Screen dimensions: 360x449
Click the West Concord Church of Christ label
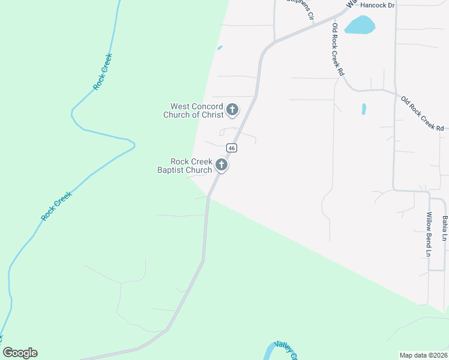[x=193, y=110]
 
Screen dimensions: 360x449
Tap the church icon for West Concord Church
[x=232, y=110]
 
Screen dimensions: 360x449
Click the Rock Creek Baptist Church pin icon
[x=221, y=165]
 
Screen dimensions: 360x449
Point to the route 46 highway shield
[x=231, y=148]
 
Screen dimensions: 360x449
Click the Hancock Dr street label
[x=379, y=5]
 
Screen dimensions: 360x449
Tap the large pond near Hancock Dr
[x=360, y=25]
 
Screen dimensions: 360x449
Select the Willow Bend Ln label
[x=429, y=235]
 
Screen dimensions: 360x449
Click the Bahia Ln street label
[x=445, y=229]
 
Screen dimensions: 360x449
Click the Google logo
[x=20, y=353]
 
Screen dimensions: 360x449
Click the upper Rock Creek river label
[x=103, y=72]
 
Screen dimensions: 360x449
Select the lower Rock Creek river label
[x=56, y=205]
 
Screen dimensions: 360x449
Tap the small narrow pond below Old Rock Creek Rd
[x=364, y=109]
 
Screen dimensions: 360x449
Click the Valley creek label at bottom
[x=285, y=351]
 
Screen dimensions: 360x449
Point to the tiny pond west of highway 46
[x=220, y=47]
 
